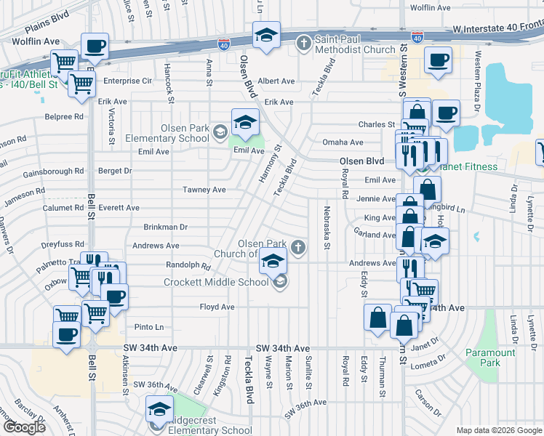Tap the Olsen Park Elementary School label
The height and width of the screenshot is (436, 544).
(167, 133)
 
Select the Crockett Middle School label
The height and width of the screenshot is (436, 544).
(216, 282)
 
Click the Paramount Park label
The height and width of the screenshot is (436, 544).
(490, 358)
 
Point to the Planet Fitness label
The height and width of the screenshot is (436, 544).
(468, 167)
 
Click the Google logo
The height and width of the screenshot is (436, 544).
(23, 427)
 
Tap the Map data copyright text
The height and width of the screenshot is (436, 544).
(498, 430)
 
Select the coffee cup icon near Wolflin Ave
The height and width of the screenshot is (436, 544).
(95, 47)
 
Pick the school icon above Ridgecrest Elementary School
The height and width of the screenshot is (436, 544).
(159, 409)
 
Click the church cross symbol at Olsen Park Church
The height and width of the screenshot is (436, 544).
(297, 249)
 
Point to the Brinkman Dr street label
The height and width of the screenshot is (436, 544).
(165, 227)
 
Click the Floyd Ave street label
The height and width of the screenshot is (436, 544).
(217, 307)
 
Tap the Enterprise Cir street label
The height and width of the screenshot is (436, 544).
(127, 81)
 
